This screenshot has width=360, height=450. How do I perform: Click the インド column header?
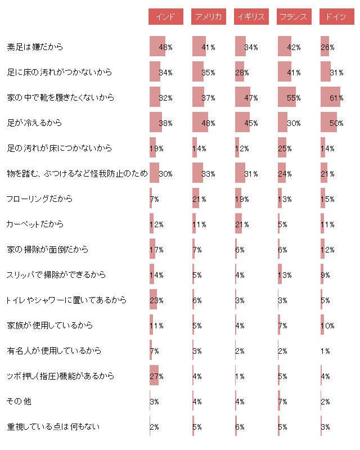coord(165,17)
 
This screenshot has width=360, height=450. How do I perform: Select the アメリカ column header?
coord(208,17)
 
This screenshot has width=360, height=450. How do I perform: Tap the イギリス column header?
coord(251,17)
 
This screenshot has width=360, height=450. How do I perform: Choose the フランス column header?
coord(294,17)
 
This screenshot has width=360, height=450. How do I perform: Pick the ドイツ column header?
coord(336,17)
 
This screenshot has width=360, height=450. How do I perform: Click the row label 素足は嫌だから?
coord(35,47)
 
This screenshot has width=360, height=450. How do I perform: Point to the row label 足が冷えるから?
coord(34,123)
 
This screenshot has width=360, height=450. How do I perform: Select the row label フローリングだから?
coord(39,199)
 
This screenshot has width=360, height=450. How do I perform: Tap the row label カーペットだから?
coord(35,224)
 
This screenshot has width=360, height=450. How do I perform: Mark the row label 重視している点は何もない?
coord(53,426)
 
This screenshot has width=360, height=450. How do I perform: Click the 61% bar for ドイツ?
coord(331,97)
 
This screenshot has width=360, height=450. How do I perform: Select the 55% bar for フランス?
coord(287,97)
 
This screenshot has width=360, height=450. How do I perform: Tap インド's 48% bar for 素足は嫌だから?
coord(157,47)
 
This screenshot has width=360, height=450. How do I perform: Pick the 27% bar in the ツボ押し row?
coord(154,376)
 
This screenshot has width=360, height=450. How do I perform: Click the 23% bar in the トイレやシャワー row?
coord(154,300)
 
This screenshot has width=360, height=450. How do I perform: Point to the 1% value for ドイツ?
coord(325,350)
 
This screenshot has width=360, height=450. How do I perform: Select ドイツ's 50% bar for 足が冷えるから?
coord(329,123)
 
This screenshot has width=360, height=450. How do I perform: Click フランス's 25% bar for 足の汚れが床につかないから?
coord(282,148)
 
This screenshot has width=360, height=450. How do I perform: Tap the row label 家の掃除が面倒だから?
coord(47,249)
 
